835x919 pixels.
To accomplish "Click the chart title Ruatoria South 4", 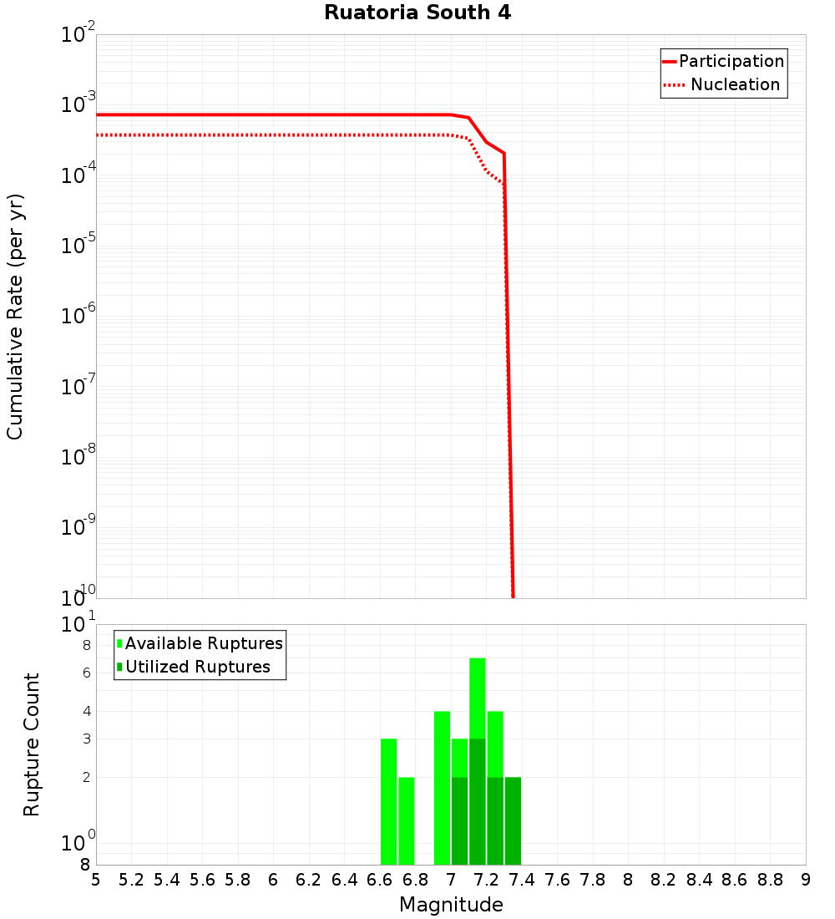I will pos(417,13).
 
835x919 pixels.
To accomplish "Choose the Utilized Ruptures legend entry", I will pos(197,667).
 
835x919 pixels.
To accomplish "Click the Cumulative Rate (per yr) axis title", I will pos(15,317).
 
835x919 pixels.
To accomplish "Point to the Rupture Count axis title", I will pos(32,744).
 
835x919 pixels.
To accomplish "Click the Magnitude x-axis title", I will pos(451,905).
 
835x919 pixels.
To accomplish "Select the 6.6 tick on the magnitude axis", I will pos(380,880).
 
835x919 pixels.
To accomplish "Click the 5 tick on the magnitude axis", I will pos(96,880).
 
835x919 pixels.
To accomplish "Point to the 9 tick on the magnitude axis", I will pos(806,880).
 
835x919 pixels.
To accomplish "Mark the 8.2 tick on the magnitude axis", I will pos(664,880).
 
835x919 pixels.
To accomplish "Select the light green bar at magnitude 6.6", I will pos(389,802).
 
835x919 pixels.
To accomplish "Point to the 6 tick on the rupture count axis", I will pos(86,673).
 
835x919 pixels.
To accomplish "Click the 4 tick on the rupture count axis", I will pos(86,711).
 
